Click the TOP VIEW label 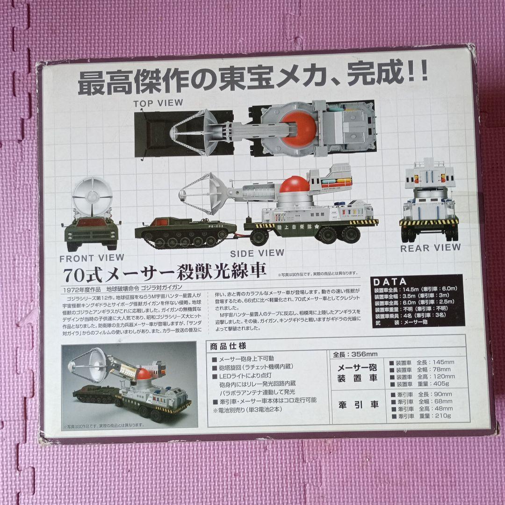[159, 103]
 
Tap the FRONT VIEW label [92, 258]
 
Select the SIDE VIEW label [257, 253]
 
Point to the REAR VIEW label [430, 248]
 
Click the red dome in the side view [295, 185]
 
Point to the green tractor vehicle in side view [185, 232]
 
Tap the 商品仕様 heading [226, 346]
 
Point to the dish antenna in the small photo [92, 363]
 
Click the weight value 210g [442, 416]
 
